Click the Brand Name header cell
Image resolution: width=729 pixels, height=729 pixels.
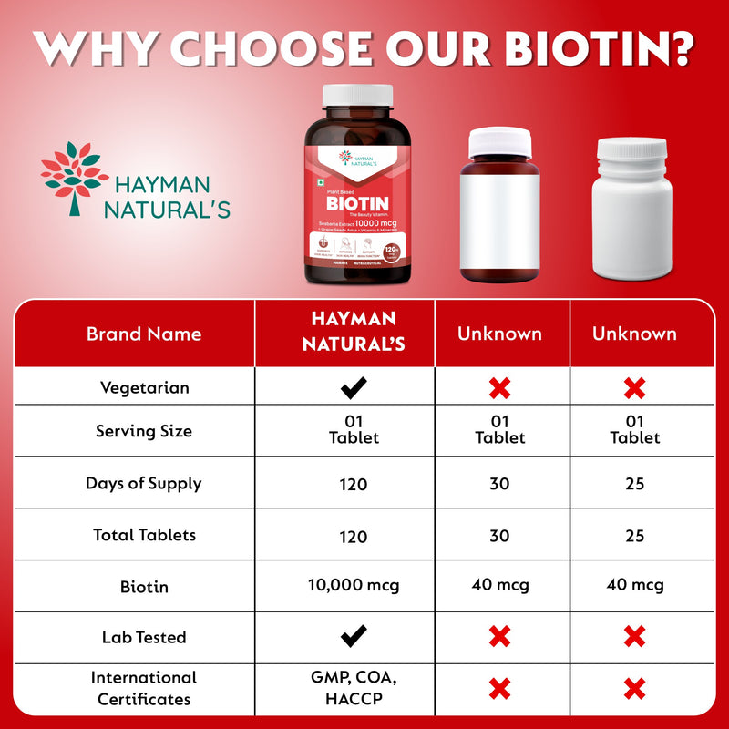click(x=144, y=334)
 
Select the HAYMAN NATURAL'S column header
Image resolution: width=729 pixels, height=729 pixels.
click(x=353, y=333)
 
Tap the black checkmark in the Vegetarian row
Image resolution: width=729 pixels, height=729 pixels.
click(x=354, y=389)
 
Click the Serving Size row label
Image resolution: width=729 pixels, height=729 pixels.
click(x=144, y=430)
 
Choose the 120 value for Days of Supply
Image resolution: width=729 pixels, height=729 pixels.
click(x=353, y=483)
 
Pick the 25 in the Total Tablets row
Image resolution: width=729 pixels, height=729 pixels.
click(x=634, y=535)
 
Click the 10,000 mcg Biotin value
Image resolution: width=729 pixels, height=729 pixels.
click(x=354, y=585)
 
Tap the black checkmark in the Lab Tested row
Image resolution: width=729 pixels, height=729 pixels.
click(x=354, y=635)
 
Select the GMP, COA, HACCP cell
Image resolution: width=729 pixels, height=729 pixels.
click(x=354, y=688)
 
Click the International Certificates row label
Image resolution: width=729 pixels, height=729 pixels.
click(x=144, y=688)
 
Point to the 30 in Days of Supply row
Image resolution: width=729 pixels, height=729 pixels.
click(x=498, y=483)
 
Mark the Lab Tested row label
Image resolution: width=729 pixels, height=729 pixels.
click(x=144, y=637)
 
